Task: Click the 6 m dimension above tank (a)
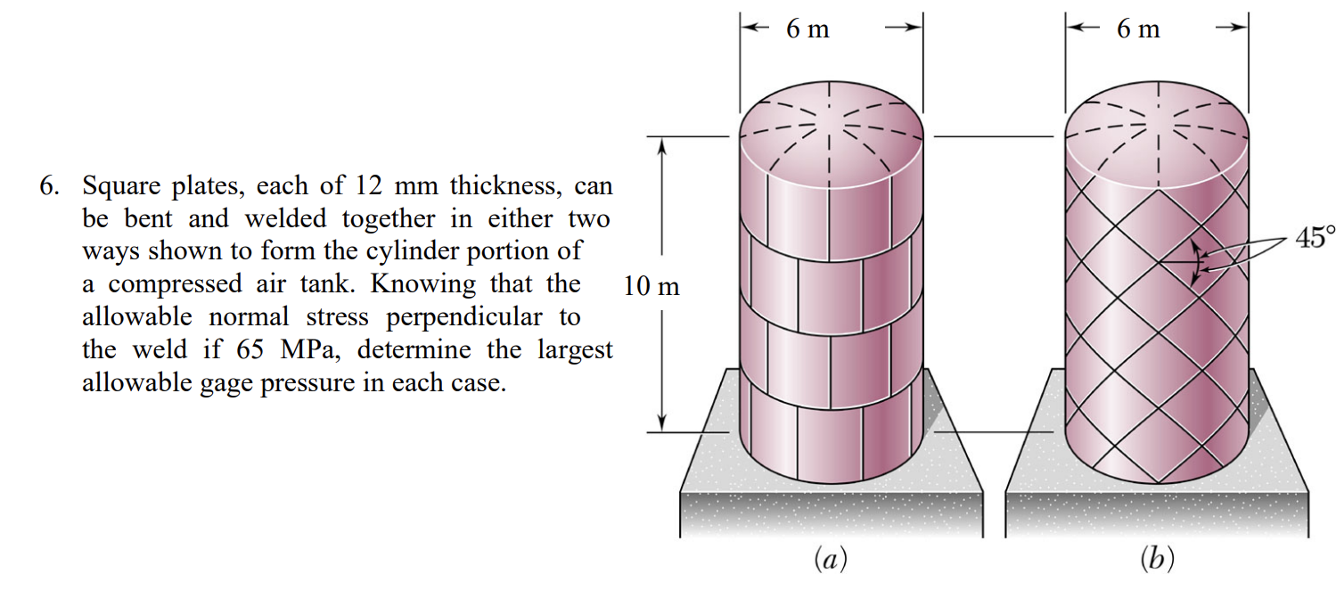tap(807, 29)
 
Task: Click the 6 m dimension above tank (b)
tap(1138, 29)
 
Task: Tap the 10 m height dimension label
tap(652, 287)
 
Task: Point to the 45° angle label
tap(1316, 238)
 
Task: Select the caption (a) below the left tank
tap(831, 560)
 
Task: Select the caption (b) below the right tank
tap(1157, 560)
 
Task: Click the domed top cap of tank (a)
tap(831, 125)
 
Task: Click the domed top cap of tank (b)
tap(1156, 125)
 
